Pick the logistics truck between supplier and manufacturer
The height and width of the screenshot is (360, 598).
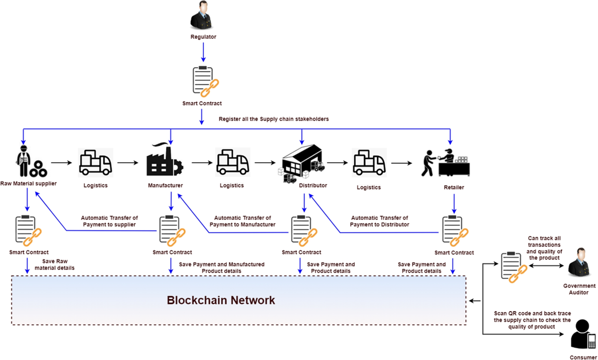click(x=95, y=162)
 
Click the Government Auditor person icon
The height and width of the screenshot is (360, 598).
click(x=579, y=263)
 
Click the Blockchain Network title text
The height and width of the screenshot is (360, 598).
click(x=221, y=301)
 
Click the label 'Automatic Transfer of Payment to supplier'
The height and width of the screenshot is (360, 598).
click(x=109, y=221)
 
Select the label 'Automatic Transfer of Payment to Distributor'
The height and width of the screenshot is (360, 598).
click(x=379, y=221)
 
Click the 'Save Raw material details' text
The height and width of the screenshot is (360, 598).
click(x=55, y=264)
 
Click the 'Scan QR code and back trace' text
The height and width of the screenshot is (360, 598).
click(x=532, y=313)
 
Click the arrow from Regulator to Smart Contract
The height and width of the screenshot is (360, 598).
click(x=203, y=52)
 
